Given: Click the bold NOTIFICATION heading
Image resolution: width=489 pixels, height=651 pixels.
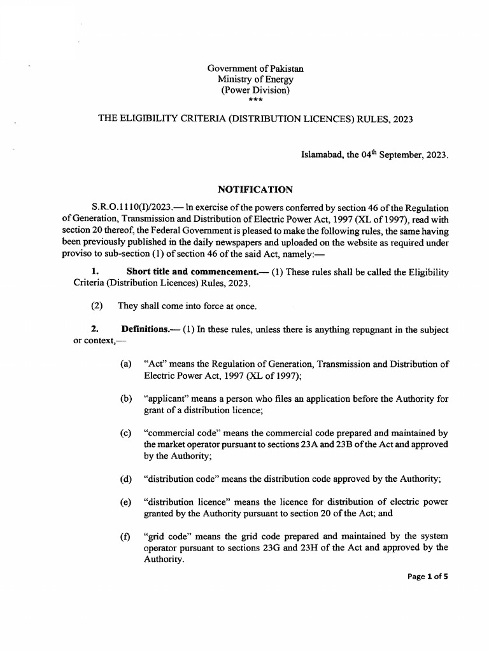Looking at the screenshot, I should pos(255,189).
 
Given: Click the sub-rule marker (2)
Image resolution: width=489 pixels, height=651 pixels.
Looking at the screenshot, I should pos(97,306).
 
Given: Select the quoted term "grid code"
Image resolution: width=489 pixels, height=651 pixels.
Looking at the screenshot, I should pos(167,536).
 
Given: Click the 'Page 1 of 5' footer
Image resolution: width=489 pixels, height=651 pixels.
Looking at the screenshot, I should pos(427,577).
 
